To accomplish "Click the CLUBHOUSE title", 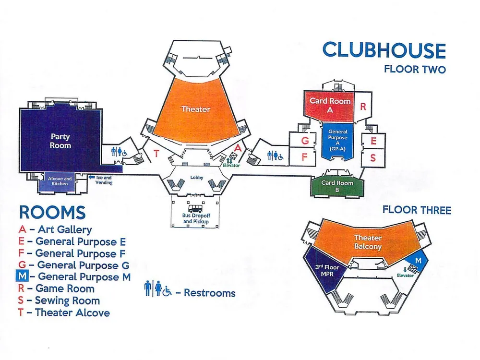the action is (384, 50).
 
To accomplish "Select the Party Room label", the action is (60, 141).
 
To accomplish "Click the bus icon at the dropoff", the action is (195, 209).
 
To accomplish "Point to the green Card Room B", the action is (337, 186).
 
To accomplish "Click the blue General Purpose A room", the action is (337, 141).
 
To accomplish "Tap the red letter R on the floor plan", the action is (363, 107).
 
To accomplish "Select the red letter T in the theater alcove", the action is (156, 154).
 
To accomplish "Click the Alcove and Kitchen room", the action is (60, 181).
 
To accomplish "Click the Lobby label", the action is (196, 178).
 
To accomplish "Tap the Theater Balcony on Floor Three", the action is (368, 242).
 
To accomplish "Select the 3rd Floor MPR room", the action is (326, 271).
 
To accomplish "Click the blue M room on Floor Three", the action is (418, 261).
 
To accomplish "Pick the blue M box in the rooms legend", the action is (22, 276).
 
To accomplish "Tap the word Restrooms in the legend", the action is (210, 293).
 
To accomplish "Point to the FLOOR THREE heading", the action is (417, 210).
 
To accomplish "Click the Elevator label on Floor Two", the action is (231, 165).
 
